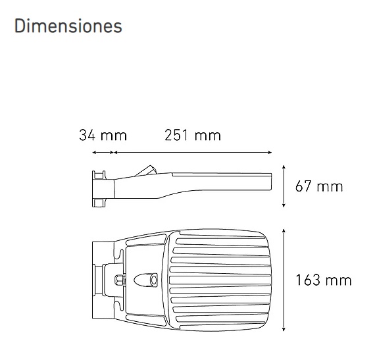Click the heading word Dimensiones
[68, 26]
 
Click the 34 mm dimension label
[103, 136]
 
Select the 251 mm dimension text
[192, 136]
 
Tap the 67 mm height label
[319, 186]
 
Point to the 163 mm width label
[322, 280]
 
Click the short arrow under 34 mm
[103, 153]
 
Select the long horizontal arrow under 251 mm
[193, 153]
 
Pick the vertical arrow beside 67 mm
[284, 186]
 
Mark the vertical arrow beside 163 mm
[284, 280]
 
